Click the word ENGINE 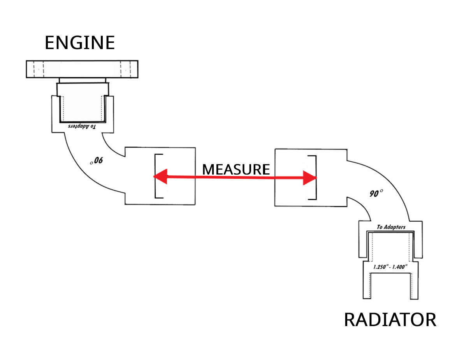pos(80,42)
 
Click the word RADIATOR pos(390,319)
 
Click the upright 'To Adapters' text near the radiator pos(391,227)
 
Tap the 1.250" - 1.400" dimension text pos(390,267)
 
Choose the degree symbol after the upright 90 pos(381,191)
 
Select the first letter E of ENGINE pos(49,42)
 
